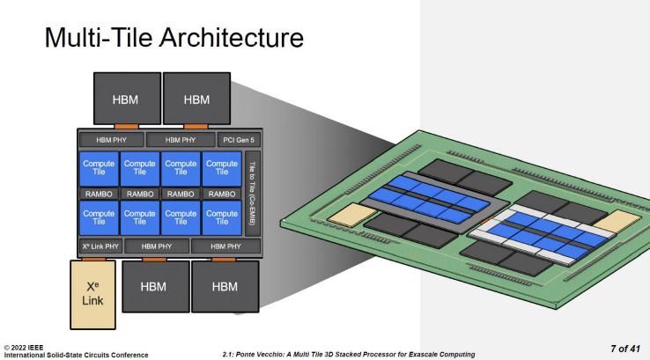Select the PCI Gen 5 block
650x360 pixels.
[238, 140]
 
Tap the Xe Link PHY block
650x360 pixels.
[100, 246]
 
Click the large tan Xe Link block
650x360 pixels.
[92, 294]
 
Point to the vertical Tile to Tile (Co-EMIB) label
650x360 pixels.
[253, 193]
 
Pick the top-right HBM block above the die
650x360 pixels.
[196, 99]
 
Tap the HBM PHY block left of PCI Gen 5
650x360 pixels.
[181, 140]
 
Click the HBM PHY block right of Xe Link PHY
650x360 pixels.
[156, 246]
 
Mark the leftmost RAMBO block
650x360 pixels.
[99, 194]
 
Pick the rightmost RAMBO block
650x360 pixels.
[221, 194]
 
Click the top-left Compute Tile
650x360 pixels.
[99, 167]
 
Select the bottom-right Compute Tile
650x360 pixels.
[221, 218]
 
